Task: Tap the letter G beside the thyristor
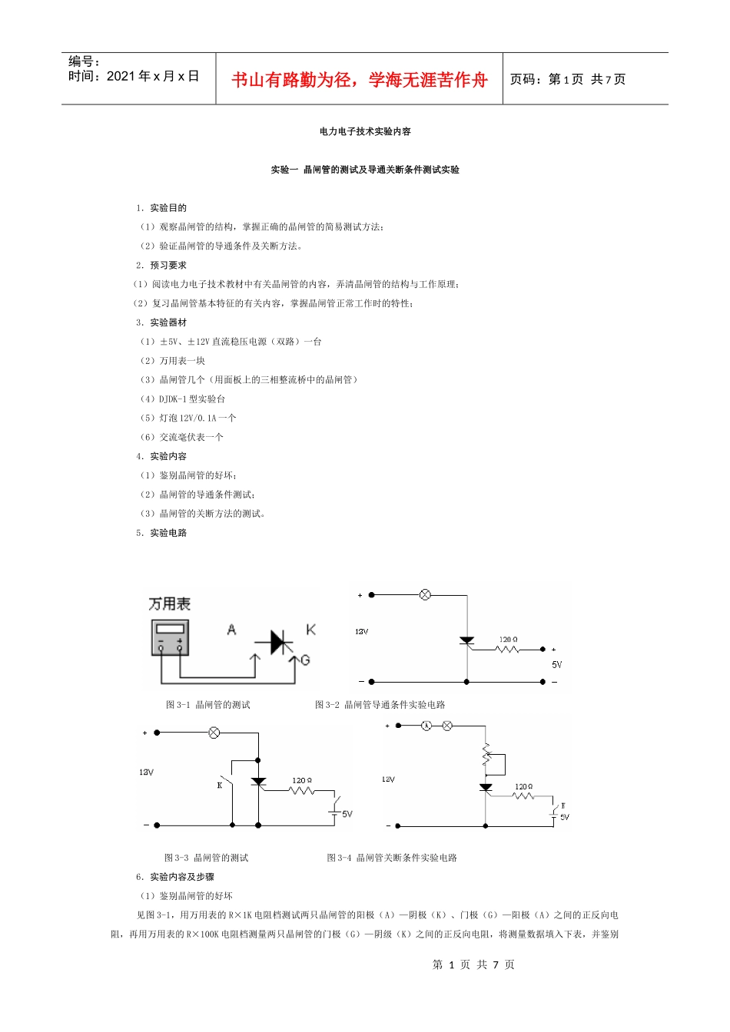pyautogui.click(x=305, y=660)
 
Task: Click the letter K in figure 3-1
pyautogui.click(x=310, y=630)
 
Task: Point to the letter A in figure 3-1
pyautogui.click(x=231, y=630)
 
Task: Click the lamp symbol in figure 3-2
pyautogui.click(x=425, y=594)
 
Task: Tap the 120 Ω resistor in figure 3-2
pyautogui.click(x=508, y=650)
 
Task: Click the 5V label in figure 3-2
pyautogui.click(x=557, y=665)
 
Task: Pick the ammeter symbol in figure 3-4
pyautogui.click(x=426, y=726)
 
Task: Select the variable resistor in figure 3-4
pyautogui.click(x=486, y=756)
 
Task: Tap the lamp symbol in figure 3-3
pyautogui.click(x=214, y=733)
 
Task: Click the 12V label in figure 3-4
pyautogui.click(x=388, y=779)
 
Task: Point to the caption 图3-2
pyautogui.click(x=380, y=705)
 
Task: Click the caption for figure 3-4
pyautogui.click(x=392, y=858)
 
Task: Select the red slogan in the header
pyautogui.click(x=360, y=80)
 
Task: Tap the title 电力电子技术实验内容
pyautogui.click(x=365, y=131)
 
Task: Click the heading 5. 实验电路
pyautogui.click(x=161, y=533)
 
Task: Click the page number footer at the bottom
pyautogui.click(x=473, y=965)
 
